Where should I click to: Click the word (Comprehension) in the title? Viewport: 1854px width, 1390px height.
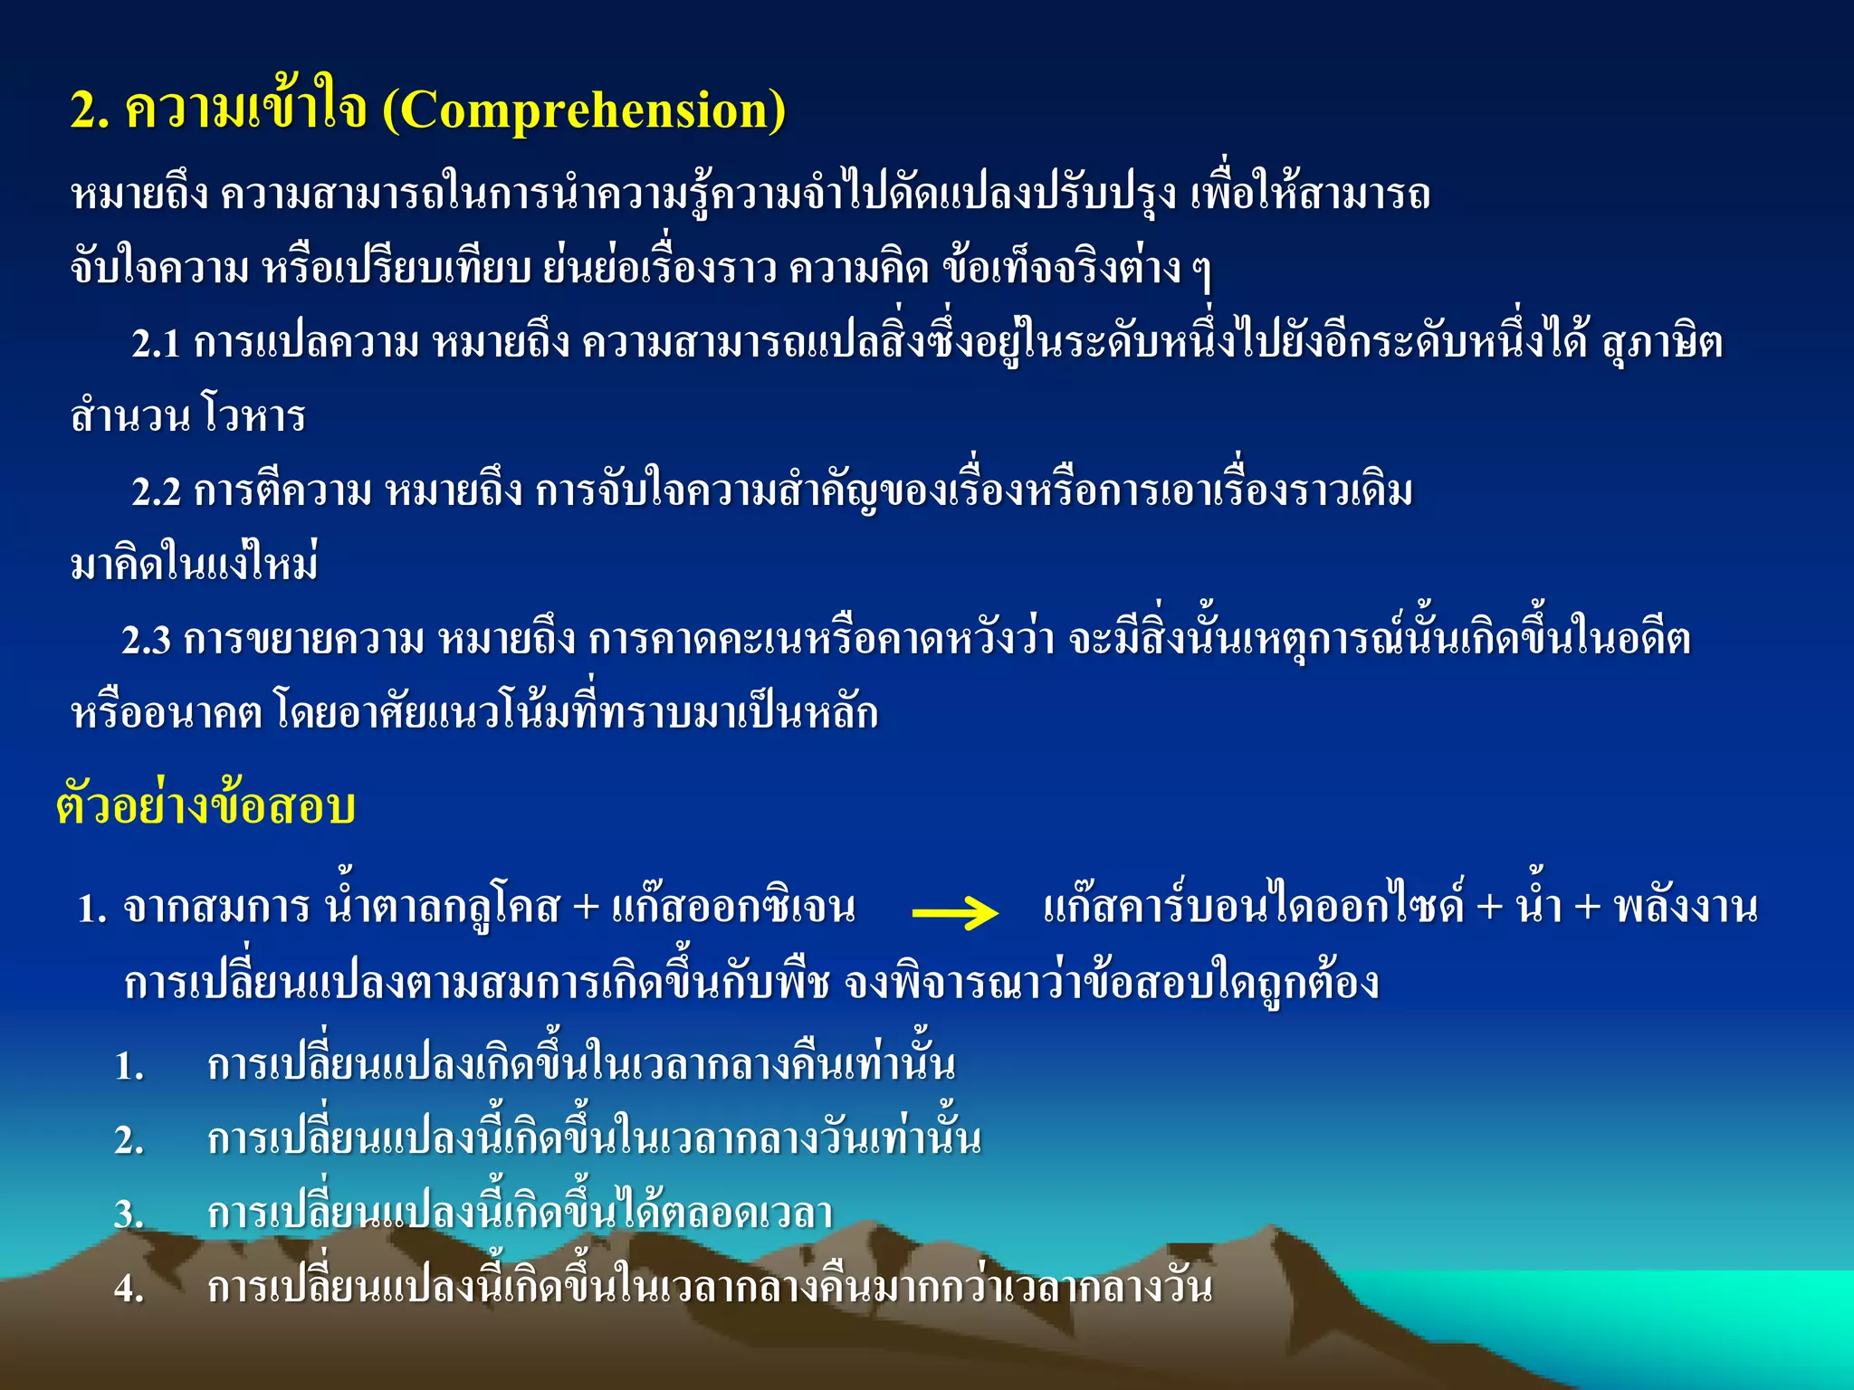(584, 110)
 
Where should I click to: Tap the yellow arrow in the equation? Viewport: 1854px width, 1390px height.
(954, 912)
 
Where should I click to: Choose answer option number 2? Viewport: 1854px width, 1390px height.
(129, 1141)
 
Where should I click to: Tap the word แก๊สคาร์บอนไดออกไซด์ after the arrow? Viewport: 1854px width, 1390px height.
(1253, 906)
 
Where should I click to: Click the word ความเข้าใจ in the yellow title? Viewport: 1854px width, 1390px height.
(245, 110)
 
